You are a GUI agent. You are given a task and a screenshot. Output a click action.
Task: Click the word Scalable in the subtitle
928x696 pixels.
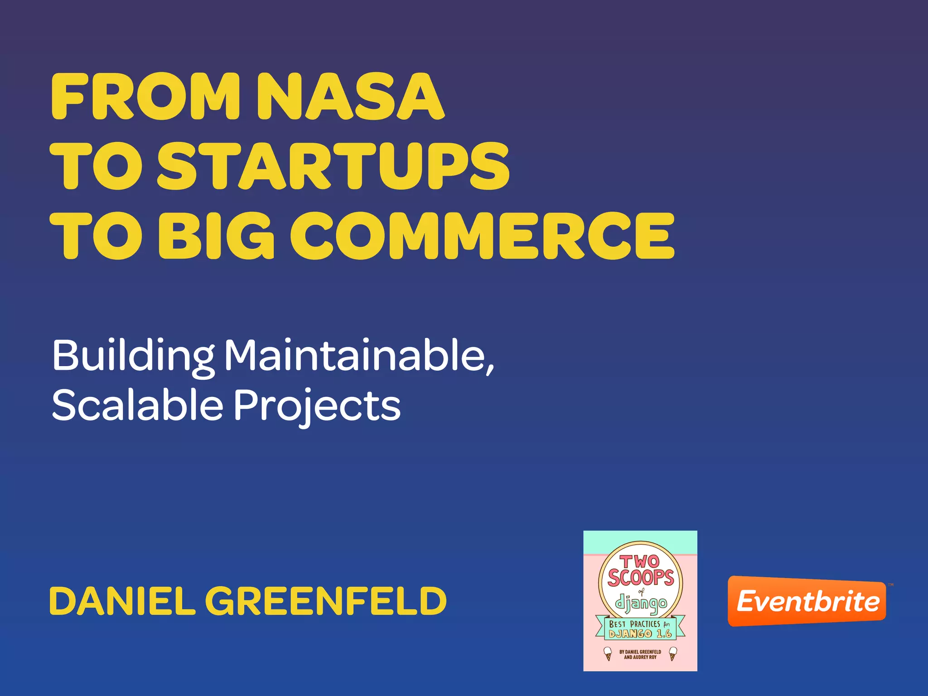(137, 405)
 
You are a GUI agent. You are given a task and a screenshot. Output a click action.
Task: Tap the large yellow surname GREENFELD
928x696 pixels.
(326, 601)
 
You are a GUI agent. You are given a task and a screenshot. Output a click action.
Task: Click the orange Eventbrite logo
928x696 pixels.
(807, 601)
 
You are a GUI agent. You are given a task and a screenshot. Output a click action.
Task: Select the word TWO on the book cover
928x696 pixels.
(639, 562)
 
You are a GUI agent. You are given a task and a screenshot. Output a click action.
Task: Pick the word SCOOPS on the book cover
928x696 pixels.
(640, 578)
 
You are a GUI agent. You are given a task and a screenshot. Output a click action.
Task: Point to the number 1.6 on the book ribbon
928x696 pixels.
(664, 634)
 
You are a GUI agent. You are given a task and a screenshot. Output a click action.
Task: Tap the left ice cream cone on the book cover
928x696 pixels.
(608, 654)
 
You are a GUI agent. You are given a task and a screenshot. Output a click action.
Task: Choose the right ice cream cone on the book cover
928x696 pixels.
(673, 654)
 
